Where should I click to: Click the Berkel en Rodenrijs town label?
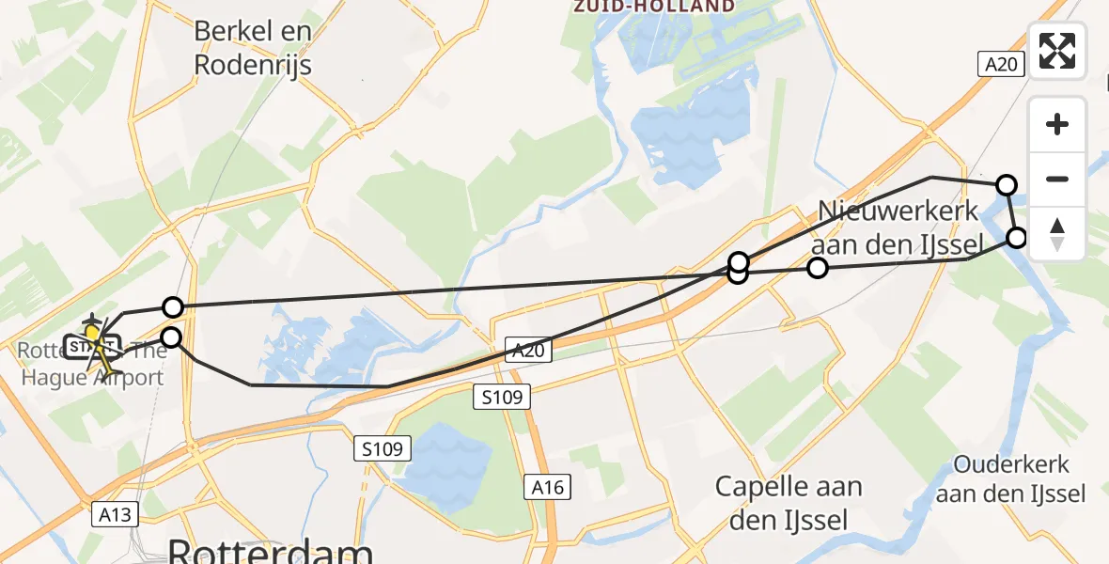(x=252, y=48)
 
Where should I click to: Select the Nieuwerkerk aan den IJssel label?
(x=898, y=227)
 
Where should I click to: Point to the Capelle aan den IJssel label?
(x=788, y=502)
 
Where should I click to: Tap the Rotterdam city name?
(x=272, y=551)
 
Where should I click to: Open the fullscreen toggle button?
(x=1057, y=50)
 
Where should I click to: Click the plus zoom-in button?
(x=1057, y=124)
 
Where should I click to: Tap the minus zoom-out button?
(x=1057, y=179)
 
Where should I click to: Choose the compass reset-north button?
(x=1057, y=233)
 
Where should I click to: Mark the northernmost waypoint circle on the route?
(x=1007, y=184)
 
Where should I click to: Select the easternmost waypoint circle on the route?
(x=1017, y=237)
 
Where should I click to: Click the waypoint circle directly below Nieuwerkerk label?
(x=818, y=269)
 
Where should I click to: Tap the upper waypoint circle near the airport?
(x=172, y=306)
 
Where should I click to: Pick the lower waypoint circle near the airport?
(x=171, y=337)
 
